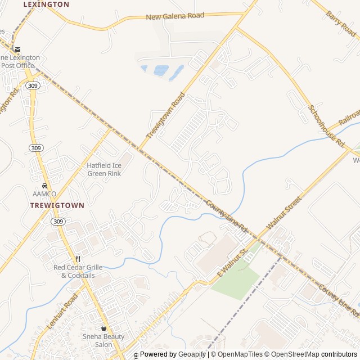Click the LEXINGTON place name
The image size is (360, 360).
tap(46, 4)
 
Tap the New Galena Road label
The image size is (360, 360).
tap(175, 16)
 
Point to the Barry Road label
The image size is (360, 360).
tap(341, 23)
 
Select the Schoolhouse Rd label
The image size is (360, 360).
tap(326, 126)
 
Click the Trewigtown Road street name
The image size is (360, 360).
tap(165, 116)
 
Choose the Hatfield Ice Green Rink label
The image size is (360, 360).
tap(104, 169)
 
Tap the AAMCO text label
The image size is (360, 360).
tap(44, 194)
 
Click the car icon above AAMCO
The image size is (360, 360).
tap(44, 186)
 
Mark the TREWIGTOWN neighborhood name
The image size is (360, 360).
tap(57, 206)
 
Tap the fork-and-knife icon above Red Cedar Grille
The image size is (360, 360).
tap(78, 259)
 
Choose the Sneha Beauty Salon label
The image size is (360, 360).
tap(103, 340)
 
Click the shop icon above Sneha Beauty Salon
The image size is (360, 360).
tap(103, 328)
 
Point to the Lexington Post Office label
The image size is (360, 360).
tap(20, 61)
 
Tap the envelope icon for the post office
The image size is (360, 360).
tap(17, 49)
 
